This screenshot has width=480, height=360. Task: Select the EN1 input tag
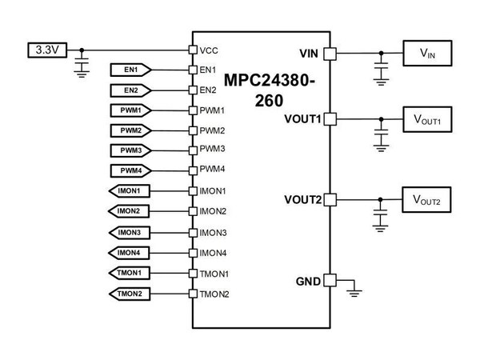[130, 70]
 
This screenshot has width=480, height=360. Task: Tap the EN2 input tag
[130, 89]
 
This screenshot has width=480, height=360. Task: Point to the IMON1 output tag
[128, 191]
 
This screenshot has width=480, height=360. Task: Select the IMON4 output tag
[128, 253]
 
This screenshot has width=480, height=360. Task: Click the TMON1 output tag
[128, 274]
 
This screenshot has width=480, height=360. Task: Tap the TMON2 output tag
[128, 294]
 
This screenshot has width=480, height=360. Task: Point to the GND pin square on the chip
[329, 281]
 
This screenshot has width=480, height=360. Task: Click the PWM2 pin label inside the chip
[212, 130]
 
